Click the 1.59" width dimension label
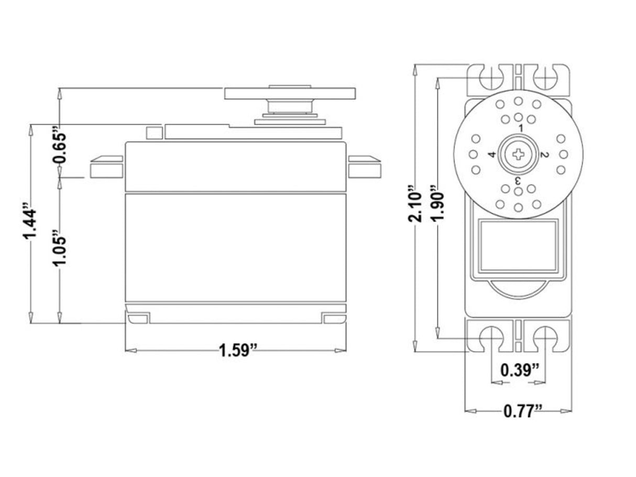coord(238,350)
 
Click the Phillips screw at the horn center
coord(518,154)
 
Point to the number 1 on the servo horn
coord(521,128)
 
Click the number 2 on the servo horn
coord(544,154)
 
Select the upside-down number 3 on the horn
coord(517,180)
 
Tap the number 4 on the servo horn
coord(491,154)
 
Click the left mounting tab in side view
coord(106,167)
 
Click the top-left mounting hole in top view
coord(491,77)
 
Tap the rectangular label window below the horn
coord(518,246)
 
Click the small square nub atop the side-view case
coord(153,132)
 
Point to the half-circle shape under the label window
coord(518,290)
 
